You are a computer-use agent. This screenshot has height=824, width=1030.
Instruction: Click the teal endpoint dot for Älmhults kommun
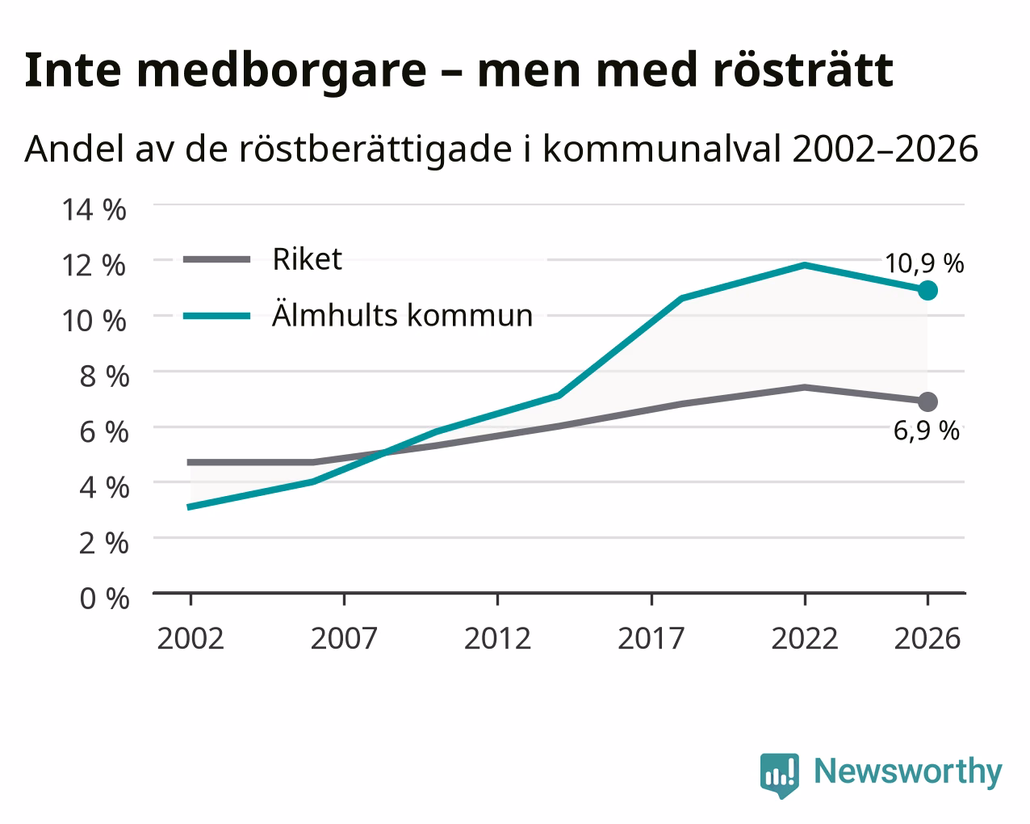click(927, 290)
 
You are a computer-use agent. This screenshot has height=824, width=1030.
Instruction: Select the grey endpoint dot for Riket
click(927, 401)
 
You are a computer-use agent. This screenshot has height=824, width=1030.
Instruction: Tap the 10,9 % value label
click(924, 263)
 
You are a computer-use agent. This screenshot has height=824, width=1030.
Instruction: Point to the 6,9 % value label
click(926, 431)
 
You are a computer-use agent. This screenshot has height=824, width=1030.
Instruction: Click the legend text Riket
click(308, 259)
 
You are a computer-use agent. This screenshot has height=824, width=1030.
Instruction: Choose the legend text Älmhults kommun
click(402, 315)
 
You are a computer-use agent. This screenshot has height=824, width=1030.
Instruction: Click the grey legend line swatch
click(217, 259)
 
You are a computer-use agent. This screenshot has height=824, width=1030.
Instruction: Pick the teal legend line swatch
click(217, 316)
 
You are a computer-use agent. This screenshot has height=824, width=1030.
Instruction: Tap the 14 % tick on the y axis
click(94, 210)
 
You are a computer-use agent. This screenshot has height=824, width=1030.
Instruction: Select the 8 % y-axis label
click(104, 376)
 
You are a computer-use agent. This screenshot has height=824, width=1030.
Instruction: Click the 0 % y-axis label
click(104, 599)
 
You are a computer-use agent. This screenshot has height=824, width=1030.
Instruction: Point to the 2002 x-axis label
click(191, 638)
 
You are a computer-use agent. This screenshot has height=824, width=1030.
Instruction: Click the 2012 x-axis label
click(497, 638)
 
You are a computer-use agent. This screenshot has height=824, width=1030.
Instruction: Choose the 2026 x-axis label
click(927, 638)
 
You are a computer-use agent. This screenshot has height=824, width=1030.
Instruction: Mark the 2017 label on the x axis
click(651, 638)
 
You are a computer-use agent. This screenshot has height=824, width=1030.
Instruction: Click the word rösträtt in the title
click(803, 70)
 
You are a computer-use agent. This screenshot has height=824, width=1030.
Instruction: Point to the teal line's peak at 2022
click(805, 265)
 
